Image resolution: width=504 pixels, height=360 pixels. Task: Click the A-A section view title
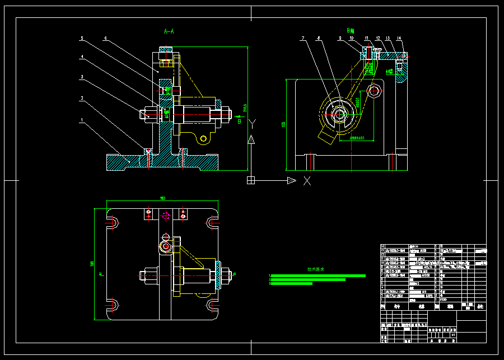tap(169, 32)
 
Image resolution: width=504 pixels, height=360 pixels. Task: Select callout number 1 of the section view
tap(82, 120)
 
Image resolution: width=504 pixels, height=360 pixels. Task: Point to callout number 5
tap(82, 39)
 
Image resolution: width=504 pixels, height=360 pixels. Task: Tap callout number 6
tap(105, 39)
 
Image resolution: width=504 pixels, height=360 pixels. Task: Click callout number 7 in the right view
tap(302, 39)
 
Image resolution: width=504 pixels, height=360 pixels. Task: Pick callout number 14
tap(399, 39)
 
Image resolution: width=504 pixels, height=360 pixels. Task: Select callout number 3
tap(82, 77)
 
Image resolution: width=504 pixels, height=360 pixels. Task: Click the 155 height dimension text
tap(283, 124)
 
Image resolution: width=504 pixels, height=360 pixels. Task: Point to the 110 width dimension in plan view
tap(163, 198)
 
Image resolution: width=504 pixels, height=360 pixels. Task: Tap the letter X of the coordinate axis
tap(307, 180)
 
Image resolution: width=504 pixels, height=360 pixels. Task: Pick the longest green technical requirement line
tap(318, 275)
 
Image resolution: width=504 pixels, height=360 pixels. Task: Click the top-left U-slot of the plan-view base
tap(113, 223)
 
